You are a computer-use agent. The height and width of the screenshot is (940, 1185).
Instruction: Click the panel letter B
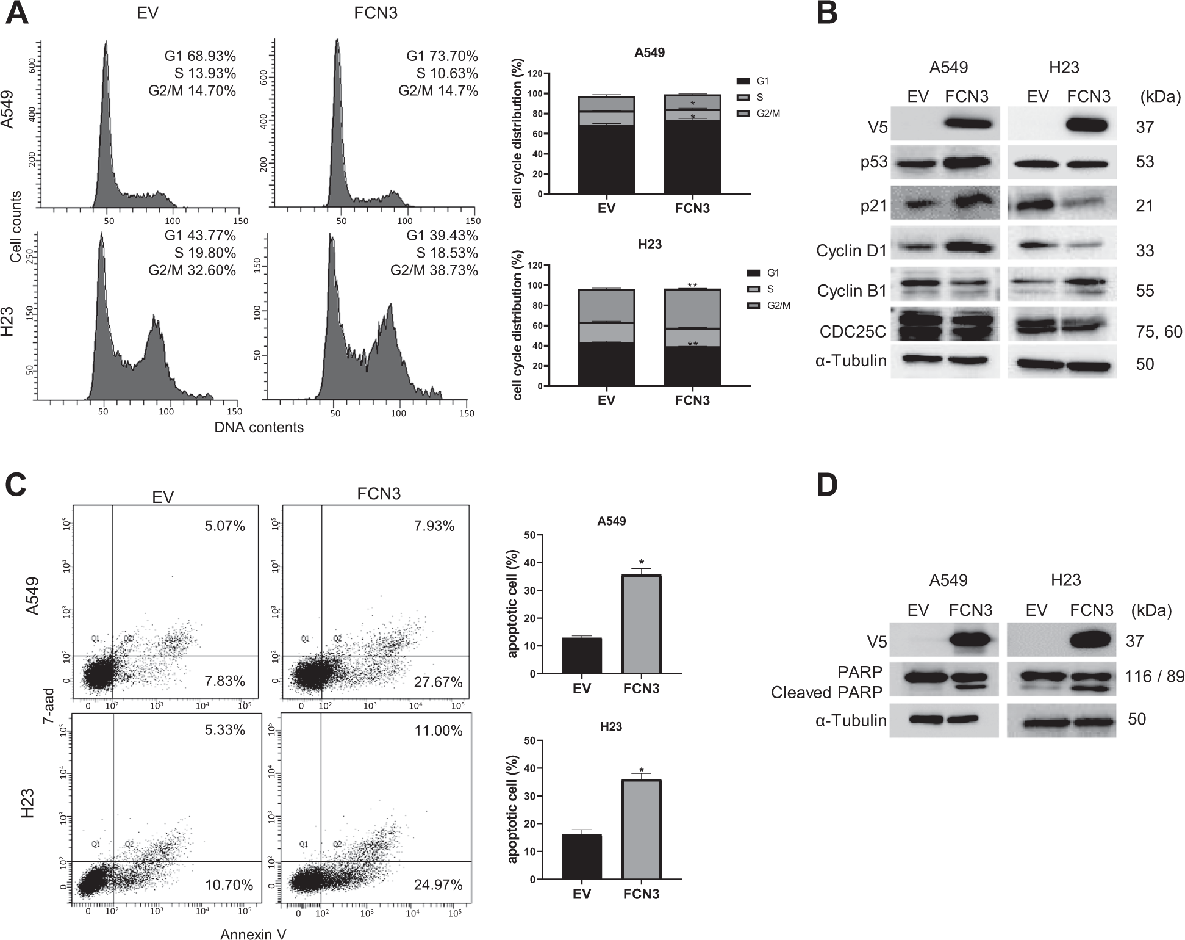click(827, 14)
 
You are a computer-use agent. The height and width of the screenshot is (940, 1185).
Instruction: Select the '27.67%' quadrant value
click(438, 682)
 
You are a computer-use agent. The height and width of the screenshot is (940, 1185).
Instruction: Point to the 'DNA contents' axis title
click(259, 427)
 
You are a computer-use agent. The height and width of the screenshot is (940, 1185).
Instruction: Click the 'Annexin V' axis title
click(253, 934)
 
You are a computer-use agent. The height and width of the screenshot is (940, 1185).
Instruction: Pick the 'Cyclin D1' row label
click(851, 250)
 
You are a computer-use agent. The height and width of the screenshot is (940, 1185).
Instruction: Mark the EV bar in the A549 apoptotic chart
click(582, 656)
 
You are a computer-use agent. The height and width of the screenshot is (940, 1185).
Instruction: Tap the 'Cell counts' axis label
click(16, 226)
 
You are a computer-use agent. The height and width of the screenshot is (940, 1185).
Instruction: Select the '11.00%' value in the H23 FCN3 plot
click(438, 731)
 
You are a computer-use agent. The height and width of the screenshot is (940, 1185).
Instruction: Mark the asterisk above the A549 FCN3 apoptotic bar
click(641, 562)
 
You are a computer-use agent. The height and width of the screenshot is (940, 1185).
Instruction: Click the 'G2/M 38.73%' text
click(434, 270)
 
